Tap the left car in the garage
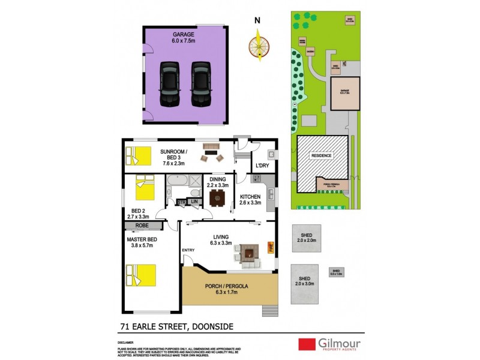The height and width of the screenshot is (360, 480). tap(170, 83)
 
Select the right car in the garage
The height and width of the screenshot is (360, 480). tap(200, 83)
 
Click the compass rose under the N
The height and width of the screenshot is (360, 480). tap(258, 45)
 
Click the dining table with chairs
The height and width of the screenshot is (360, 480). tap(217, 198)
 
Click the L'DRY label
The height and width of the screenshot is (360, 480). tap(262, 165)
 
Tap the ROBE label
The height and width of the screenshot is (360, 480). tap(143, 226)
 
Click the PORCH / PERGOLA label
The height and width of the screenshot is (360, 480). tap(230, 285)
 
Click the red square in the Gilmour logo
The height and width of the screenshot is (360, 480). tap(307, 344)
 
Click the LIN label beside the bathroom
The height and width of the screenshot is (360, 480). tap(194, 202)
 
